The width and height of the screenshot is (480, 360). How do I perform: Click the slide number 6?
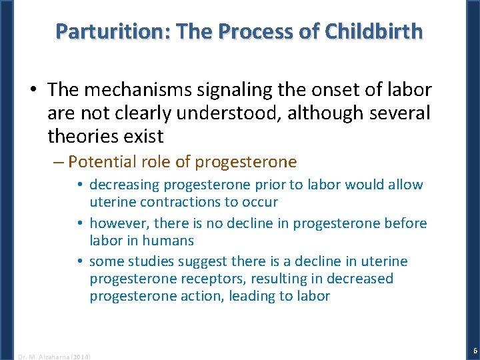click(474, 351)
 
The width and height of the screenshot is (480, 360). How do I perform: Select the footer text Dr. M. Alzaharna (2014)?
click(55, 356)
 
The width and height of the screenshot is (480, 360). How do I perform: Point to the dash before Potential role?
click(58, 162)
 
